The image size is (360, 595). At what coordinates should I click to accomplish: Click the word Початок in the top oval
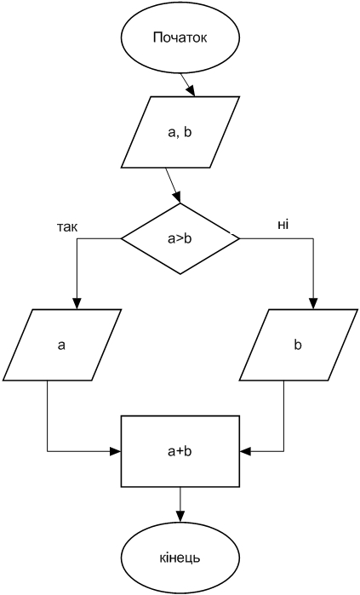click(180, 38)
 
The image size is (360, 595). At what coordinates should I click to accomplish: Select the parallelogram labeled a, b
click(180, 132)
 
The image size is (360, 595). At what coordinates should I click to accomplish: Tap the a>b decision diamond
click(180, 238)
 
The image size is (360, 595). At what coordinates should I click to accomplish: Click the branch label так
click(66, 227)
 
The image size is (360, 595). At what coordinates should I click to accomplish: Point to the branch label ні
click(283, 225)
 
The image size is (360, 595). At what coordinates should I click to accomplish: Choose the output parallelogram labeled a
click(61, 345)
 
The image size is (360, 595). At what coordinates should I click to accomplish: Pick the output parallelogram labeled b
click(299, 345)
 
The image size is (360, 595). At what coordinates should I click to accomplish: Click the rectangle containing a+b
click(180, 451)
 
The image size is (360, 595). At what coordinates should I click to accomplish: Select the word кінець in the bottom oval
click(180, 558)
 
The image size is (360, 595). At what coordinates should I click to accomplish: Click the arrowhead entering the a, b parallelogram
click(191, 91)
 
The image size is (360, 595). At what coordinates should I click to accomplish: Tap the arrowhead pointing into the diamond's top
click(177, 198)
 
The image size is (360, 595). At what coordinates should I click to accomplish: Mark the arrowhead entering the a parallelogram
click(77, 304)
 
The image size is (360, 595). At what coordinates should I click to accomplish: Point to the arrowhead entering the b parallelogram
click(314, 304)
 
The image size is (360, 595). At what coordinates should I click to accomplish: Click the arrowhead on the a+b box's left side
click(116, 451)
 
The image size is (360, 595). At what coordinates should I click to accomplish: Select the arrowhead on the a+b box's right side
click(246, 451)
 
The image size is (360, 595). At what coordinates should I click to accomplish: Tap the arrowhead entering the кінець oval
click(180, 517)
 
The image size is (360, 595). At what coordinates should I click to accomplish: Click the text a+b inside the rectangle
click(180, 451)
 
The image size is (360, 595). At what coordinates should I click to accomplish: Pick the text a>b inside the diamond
click(180, 239)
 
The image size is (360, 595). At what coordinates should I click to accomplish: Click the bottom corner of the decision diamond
click(180, 274)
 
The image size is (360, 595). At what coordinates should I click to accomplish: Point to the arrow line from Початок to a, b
click(187, 84)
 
